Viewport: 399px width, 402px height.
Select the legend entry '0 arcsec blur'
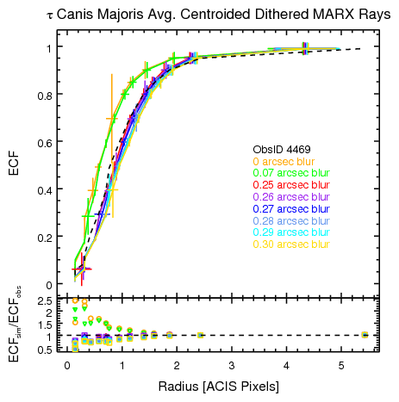(284, 161)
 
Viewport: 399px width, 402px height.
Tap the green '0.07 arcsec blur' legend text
(290, 173)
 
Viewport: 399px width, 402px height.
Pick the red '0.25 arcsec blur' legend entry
(290, 185)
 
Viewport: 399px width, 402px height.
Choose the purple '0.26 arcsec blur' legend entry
(290, 197)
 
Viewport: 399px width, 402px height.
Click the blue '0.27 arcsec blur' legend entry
(290, 208)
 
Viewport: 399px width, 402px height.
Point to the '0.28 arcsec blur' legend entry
(290, 220)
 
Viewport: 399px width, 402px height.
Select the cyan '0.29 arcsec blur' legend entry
(290, 232)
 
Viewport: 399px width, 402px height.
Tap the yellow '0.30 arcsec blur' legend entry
(290, 244)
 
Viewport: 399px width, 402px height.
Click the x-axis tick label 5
(342, 366)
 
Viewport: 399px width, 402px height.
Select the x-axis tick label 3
(232, 366)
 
